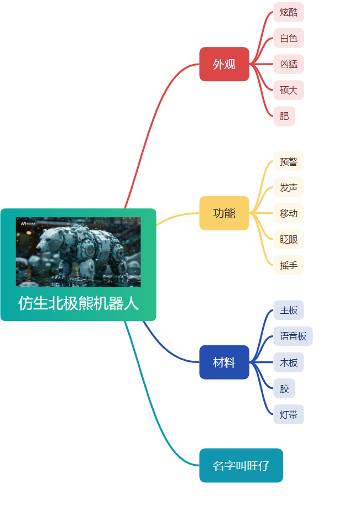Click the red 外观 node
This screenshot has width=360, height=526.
click(225, 64)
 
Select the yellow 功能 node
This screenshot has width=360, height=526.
click(225, 213)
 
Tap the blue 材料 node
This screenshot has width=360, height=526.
click(225, 362)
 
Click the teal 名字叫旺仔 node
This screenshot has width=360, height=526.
click(241, 465)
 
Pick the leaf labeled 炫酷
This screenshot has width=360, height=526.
click(289, 12)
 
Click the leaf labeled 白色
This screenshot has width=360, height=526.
click(289, 38)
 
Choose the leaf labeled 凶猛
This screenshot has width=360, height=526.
click(289, 64)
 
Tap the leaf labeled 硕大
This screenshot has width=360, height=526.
click(289, 90)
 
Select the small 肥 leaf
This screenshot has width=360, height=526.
click(284, 116)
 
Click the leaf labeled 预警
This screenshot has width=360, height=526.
click(289, 161)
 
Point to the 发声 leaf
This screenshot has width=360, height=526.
click(289, 187)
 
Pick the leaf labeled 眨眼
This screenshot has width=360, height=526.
click(289, 239)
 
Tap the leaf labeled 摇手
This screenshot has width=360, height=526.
click(289, 265)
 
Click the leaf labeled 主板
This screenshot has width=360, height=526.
click(289, 311)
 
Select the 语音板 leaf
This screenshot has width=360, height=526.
click(293, 336)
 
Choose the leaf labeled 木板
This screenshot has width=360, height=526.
click(289, 362)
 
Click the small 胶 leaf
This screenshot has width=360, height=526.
click(284, 388)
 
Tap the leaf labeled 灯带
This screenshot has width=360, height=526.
click(289, 414)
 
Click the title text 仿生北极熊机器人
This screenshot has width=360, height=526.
click(78, 303)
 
